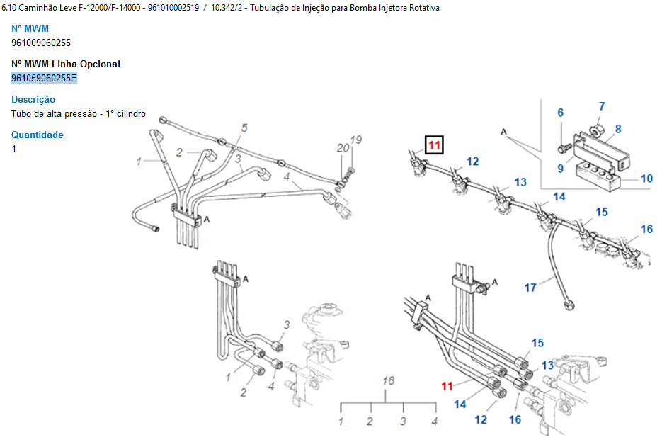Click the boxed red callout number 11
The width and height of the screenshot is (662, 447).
click(x=433, y=146)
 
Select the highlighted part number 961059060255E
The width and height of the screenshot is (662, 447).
click(x=44, y=78)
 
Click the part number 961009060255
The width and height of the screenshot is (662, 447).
click(x=41, y=43)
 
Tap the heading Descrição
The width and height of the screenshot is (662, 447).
click(x=33, y=99)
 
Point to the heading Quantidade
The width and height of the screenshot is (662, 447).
click(x=38, y=135)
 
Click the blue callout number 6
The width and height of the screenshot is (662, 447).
click(x=560, y=113)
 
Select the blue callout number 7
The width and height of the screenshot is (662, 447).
click(x=602, y=106)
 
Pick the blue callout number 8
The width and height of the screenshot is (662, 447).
click(x=618, y=129)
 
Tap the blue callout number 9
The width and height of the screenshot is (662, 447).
click(x=560, y=168)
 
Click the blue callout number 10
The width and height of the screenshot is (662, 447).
click(x=646, y=179)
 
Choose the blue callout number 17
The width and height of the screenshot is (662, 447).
click(x=530, y=288)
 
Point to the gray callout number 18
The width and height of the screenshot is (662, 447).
click(x=388, y=380)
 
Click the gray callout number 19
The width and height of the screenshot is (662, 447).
click(x=356, y=140)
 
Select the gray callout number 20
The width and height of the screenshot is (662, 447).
click(x=343, y=147)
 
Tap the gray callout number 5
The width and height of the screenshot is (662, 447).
click(x=244, y=128)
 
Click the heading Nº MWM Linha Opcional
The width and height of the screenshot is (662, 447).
click(x=66, y=64)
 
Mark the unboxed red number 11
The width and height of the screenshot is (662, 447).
click(x=447, y=386)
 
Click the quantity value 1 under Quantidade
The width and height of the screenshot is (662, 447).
click(x=14, y=149)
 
